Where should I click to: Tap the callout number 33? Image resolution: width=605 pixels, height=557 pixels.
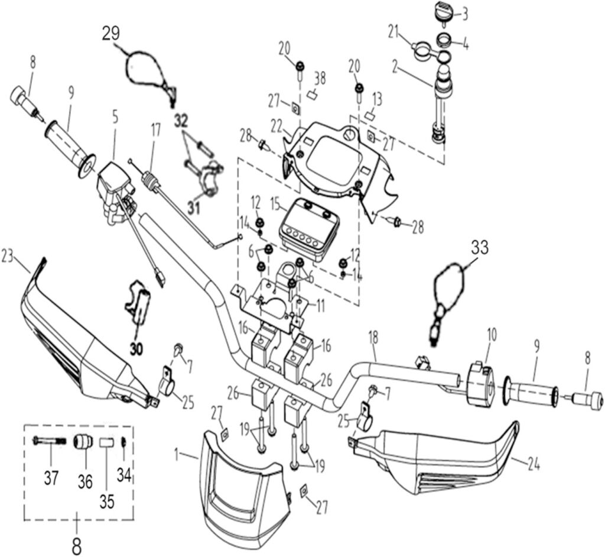pyautogui.click(x=479, y=248)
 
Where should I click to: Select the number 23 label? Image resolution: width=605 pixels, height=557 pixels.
pyautogui.click(x=8, y=256)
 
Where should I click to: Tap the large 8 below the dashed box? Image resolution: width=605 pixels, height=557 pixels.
pyautogui.click(x=76, y=545)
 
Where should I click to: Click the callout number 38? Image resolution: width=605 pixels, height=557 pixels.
pyautogui.click(x=320, y=77)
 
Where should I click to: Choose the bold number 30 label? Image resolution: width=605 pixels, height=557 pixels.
pyautogui.click(x=136, y=349)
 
